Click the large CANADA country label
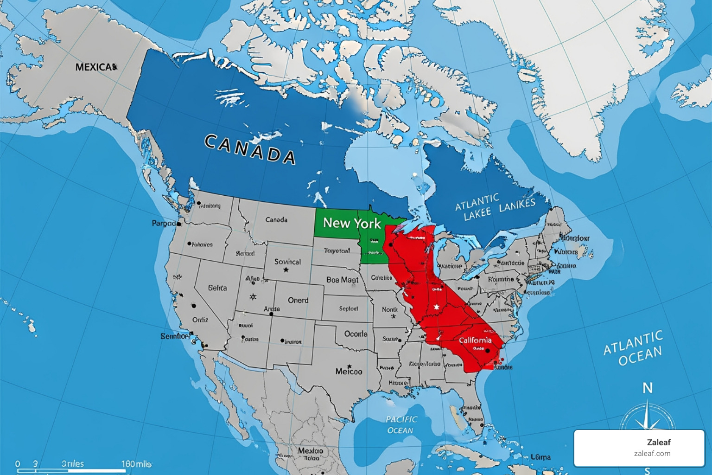pos(250,149)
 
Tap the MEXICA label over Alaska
pos(96,67)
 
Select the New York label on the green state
pos(352,223)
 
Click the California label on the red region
pos(475,340)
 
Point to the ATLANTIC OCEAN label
pos(634,348)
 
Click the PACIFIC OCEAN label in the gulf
pos(401,424)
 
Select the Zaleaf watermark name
pos(659,442)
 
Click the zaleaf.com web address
pos(652,454)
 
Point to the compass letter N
pos(648,388)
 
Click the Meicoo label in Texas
pos(349,372)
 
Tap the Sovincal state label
pos(287,262)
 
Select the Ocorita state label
pos(356,334)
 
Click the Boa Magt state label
pos(342,280)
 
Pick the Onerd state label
pos(298,300)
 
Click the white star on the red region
pos(436,307)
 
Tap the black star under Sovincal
pos(286,270)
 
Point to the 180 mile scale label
pos(136,464)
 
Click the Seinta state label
pos(217,288)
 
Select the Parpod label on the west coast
pos(164,224)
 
